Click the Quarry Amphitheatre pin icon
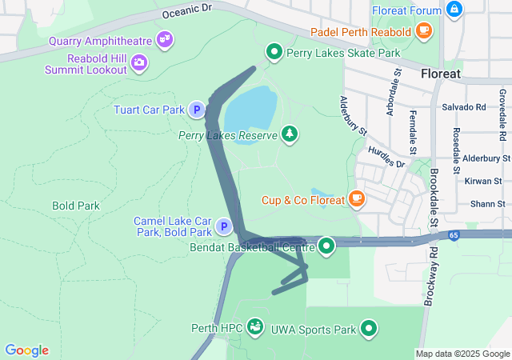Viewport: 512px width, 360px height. pyautogui.click(x=166, y=38)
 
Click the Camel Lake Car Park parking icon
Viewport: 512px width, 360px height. pyautogui.click(x=225, y=228)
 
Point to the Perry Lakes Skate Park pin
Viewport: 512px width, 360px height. pyautogui.click(x=274, y=53)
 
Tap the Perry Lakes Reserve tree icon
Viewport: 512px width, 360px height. pyautogui.click(x=289, y=134)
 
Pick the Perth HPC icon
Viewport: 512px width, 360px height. pyautogui.click(x=255, y=326)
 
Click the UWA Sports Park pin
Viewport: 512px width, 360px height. pyautogui.click(x=369, y=327)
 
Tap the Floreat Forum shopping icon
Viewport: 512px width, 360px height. pyautogui.click(x=454, y=10)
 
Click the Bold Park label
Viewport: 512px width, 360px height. pyautogui.click(x=76, y=206)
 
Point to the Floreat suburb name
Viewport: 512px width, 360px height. pyautogui.click(x=441, y=74)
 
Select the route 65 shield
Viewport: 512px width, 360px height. pyautogui.click(x=454, y=235)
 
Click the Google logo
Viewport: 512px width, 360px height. pyautogui.click(x=27, y=350)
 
